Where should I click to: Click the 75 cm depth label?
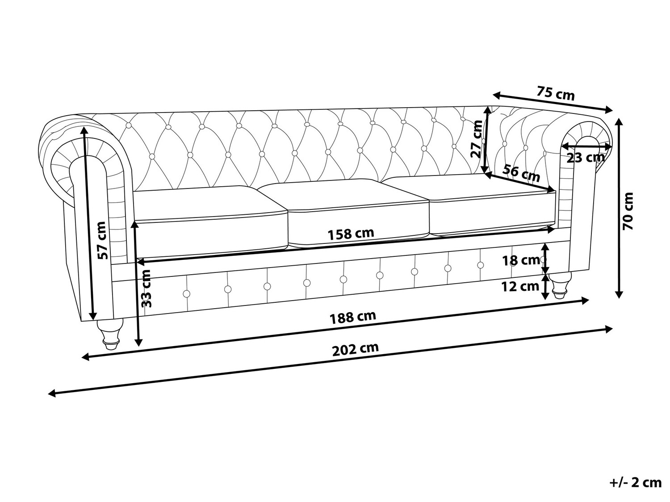tap(556, 93)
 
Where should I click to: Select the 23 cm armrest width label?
tap(586, 158)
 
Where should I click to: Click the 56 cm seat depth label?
tap(521, 173)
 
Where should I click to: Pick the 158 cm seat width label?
tap(351, 234)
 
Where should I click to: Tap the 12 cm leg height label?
tap(521, 287)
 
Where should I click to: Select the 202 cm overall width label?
tap(355, 349)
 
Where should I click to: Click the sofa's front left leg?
tap(110, 334)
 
